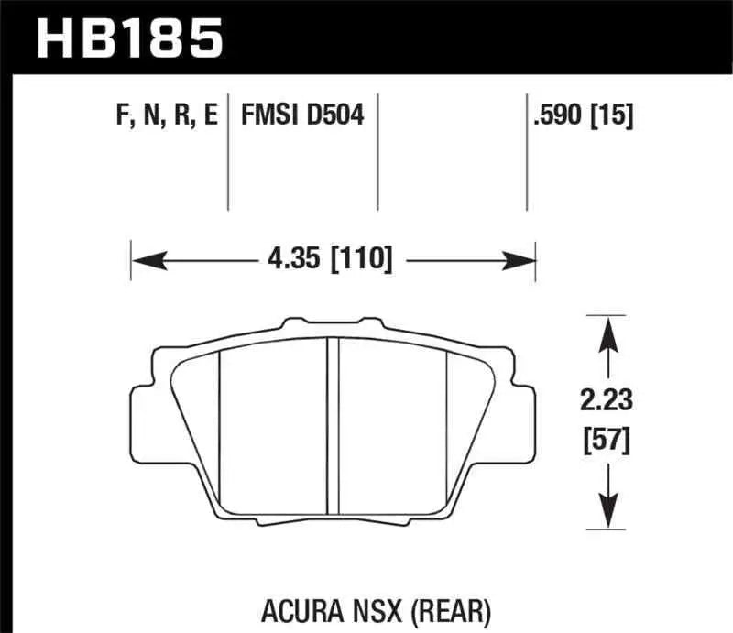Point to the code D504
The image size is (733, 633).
(336, 116)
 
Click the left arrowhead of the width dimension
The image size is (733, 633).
(143, 261)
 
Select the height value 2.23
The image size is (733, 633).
(604, 399)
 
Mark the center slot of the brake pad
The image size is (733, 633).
(334, 426)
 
